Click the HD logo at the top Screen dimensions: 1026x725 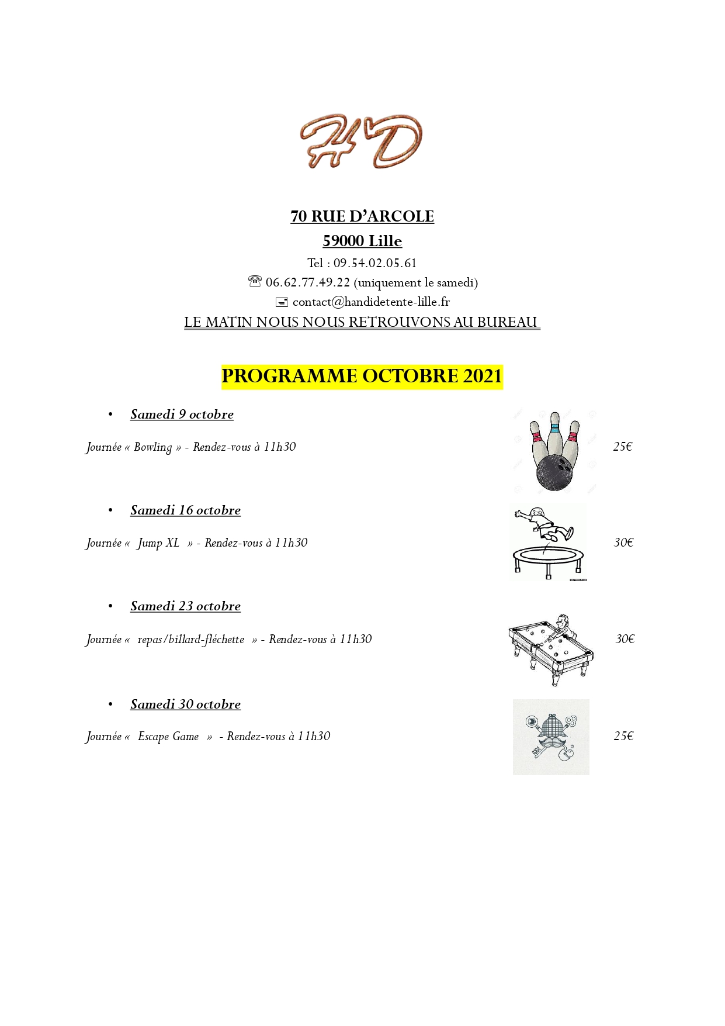(361, 141)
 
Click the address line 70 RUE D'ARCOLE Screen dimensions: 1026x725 (362, 216)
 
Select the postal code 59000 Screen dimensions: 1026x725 (343, 241)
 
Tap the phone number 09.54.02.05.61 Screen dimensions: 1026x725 (375, 263)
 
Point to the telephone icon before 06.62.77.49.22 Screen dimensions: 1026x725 (255, 282)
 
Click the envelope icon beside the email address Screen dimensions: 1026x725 (282, 302)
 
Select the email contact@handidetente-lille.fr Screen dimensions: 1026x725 (371, 302)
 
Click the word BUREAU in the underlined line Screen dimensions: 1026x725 (507, 322)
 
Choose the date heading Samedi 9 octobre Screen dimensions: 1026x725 (182, 414)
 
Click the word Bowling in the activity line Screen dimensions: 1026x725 (152, 447)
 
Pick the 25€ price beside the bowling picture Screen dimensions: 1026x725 (623, 447)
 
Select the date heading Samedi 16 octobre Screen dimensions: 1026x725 (185, 510)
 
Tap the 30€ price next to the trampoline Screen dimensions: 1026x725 (623, 543)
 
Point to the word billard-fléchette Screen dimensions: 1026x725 (191, 640)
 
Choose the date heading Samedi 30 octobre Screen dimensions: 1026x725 (185, 704)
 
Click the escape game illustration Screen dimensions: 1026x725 (551, 737)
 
